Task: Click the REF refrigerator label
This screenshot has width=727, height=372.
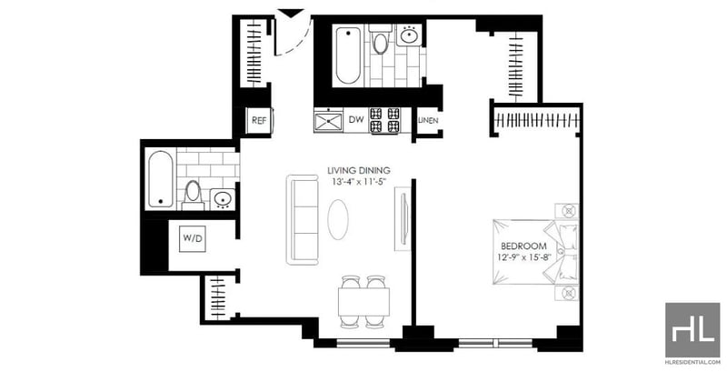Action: click(259, 120)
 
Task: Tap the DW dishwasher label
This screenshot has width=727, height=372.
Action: click(355, 120)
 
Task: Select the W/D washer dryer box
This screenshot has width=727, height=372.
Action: click(193, 239)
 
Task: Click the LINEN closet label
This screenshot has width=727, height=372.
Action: click(428, 121)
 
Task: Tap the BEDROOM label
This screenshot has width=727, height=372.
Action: click(523, 246)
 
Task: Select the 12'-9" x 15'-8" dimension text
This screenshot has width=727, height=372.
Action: click(523, 258)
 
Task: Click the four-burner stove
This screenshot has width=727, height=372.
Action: click(383, 120)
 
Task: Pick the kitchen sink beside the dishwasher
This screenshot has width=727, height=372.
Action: click(328, 121)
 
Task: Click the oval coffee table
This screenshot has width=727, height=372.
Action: click(338, 219)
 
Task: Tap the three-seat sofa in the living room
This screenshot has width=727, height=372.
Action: click(303, 219)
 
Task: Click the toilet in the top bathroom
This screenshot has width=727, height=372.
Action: click(380, 40)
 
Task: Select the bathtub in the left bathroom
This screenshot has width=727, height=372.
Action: click(162, 179)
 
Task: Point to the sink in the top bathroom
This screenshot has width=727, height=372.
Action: click(410, 35)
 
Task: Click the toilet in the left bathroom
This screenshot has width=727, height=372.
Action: click(193, 195)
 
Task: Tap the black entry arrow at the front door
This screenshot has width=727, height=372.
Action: click(291, 13)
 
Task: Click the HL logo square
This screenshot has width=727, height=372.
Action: click(692, 329)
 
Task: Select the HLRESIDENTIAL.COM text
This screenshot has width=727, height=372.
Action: click(693, 362)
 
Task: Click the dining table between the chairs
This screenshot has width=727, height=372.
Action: click(363, 302)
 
